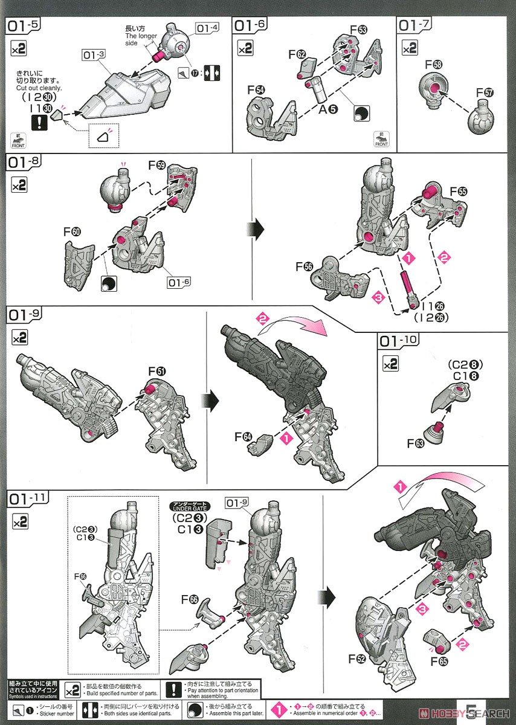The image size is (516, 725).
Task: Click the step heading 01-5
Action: tap(23, 26)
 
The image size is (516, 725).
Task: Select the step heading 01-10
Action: tap(398, 341)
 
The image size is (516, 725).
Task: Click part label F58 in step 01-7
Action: tap(433, 63)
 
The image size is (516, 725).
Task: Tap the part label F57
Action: tap(485, 92)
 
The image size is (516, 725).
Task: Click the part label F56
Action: tap(305, 266)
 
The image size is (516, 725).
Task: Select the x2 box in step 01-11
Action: tap(19, 520)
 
